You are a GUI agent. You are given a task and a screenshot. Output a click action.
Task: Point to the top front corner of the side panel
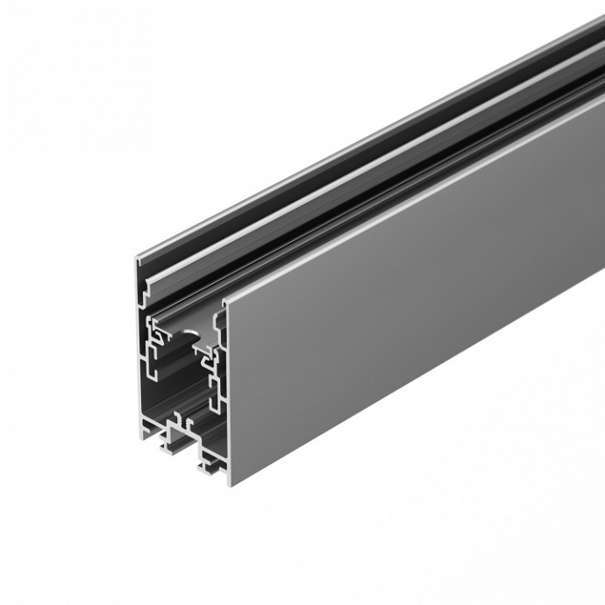point(225,301)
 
